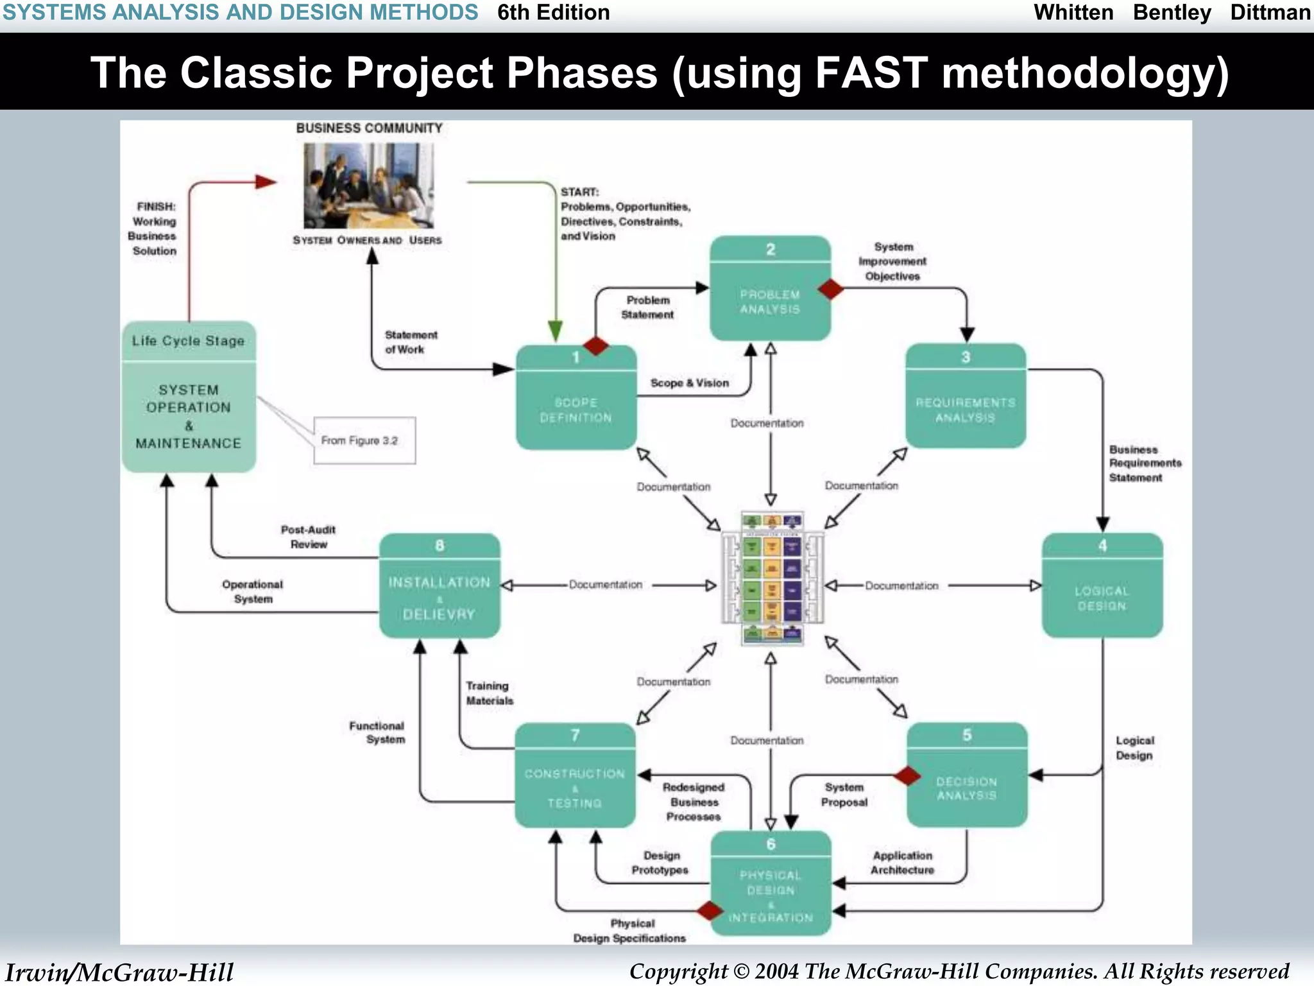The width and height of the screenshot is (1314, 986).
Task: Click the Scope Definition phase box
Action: [x=576, y=398]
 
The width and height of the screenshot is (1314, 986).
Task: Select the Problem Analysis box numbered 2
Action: [x=770, y=289]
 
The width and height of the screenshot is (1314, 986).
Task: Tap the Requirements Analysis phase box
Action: [x=965, y=397]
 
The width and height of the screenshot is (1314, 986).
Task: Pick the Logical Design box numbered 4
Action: [x=1102, y=585]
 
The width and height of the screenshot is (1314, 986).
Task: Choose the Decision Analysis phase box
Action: [x=966, y=775]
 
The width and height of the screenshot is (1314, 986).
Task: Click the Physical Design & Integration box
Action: [x=771, y=883]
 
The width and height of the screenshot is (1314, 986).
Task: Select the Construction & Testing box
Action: [x=575, y=775]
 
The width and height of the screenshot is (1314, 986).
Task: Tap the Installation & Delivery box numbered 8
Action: [x=439, y=585]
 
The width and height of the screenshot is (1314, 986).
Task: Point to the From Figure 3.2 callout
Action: [x=364, y=440]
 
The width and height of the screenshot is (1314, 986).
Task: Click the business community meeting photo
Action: [x=368, y=186]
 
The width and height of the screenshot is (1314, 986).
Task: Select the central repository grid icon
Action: [x=772, y=578]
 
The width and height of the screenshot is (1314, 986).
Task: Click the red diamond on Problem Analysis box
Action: [x=831, y=289]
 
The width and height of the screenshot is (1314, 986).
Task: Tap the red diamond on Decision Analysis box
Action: [x=907, y=775]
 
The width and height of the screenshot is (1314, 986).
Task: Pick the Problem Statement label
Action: [x=647, y=307]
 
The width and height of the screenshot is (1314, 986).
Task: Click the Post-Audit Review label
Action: [x=308, y=537]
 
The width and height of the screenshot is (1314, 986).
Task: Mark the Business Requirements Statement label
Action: [x=1144, y=463]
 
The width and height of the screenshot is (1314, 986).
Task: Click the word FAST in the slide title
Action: [x=871, y=72]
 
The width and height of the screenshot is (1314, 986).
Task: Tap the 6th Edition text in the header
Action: [x=553, y=12]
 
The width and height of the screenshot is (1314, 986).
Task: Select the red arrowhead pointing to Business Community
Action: [x=265, y=182]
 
